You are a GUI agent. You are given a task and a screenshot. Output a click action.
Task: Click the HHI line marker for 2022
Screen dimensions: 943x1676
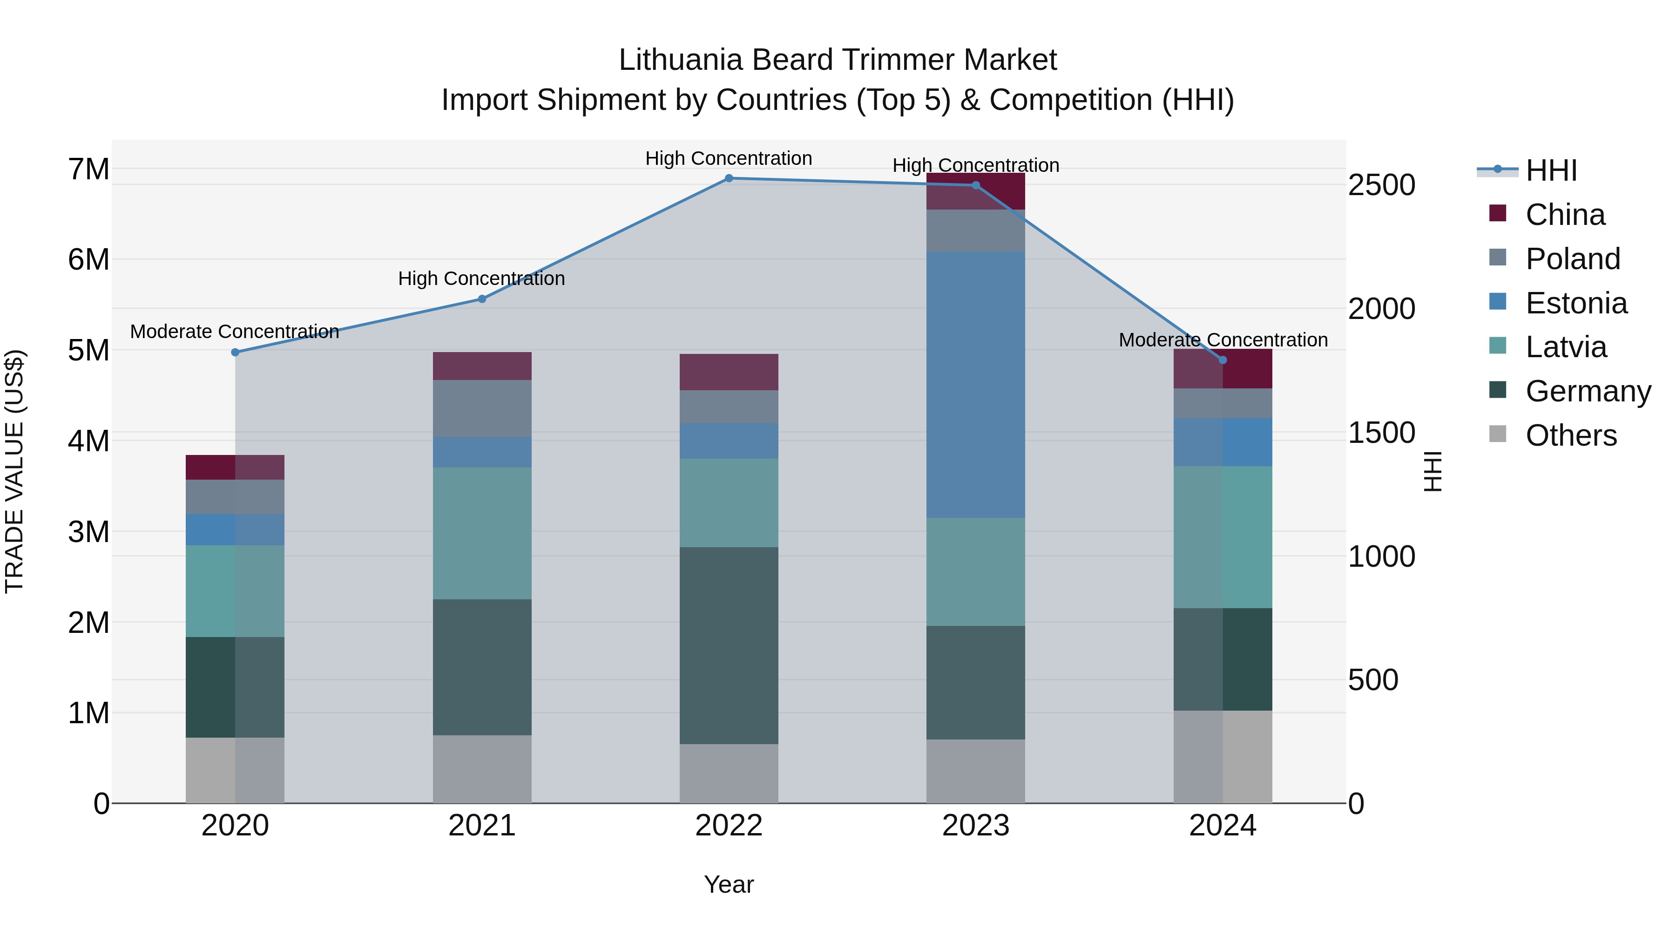tap(729, 178)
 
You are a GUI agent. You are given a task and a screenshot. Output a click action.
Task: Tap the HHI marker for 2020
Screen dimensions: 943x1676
tap(236, 352)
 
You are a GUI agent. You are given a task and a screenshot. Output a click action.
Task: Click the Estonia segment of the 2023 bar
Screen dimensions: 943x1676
tap(975, 385)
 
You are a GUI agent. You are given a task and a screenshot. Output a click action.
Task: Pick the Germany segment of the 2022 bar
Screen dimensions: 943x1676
tap(729, 645)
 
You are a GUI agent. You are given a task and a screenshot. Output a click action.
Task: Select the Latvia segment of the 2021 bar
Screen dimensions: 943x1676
tap(482, 533)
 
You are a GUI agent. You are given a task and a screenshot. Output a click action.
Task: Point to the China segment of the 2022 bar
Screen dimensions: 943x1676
tap(729, 372)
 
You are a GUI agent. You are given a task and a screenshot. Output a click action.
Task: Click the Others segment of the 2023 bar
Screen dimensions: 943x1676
tap(975, 771)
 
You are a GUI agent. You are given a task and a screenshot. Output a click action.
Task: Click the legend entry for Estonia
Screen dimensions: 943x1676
tap(1576, 303)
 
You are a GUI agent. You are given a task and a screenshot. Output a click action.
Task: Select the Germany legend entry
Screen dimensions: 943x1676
tap(1588, 391)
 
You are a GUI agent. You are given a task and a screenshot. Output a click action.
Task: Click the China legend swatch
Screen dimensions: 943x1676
tap(1498, 213)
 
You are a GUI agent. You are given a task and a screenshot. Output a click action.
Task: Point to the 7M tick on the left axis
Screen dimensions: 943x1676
tap(88, 169)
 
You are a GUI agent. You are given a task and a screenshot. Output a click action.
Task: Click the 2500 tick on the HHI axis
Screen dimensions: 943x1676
tap(1381, 185)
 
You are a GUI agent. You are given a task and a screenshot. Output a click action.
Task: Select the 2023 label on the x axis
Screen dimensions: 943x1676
tap(975, 826)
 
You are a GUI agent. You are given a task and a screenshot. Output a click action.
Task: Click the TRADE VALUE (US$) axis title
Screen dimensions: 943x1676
tap(14, 471)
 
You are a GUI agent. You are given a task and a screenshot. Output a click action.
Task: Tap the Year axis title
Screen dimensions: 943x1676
tap(729, 884)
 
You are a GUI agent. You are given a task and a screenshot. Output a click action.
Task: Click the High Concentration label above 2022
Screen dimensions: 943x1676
tap(729, 158)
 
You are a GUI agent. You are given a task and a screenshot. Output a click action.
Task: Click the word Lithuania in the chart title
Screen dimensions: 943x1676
tap(680, 60)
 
